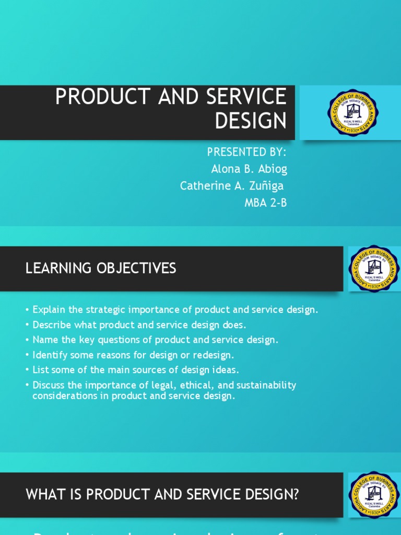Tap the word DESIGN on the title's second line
point(251,121)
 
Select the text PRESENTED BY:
point(246,152)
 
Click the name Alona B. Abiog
point(249,169)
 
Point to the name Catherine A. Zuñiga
point(232,186)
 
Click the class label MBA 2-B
point(265,203)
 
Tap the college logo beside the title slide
point(353,113)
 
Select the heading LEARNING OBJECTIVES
point(101,269)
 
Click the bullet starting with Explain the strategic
point(175,309)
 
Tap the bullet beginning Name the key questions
point(155,340)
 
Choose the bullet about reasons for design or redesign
point(133,355)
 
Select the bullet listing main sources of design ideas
point(135,370)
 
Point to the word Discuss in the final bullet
point(48,385)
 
